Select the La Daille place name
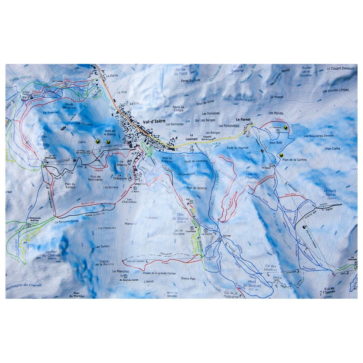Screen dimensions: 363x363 [112, 77]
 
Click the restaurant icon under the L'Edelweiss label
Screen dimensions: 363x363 [277, 132]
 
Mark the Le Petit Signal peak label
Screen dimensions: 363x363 [331, 192]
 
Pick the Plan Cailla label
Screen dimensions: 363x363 [333, 148]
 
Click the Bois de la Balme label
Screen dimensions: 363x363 [110, 133]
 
